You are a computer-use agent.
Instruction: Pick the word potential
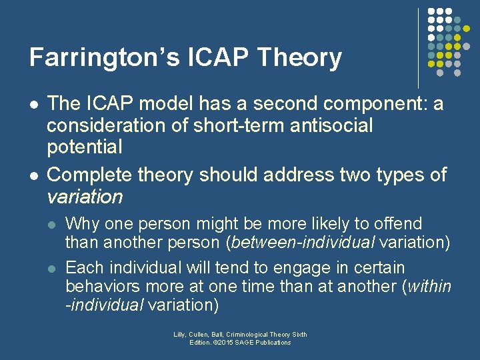85,145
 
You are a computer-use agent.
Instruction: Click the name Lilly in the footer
181,335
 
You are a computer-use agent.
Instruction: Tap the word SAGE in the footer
248,343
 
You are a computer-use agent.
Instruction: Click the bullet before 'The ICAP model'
34,105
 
